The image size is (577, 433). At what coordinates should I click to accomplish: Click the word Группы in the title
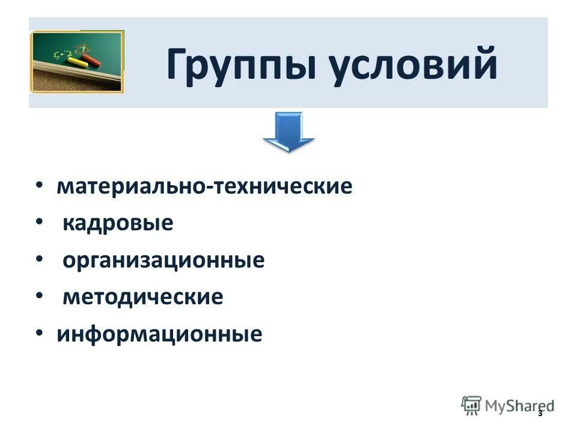click(240, 66)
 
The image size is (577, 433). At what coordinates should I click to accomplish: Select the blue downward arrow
click(288, 132)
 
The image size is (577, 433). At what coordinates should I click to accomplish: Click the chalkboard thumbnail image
click(76, 61)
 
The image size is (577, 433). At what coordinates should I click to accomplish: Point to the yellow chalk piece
click(78, 61)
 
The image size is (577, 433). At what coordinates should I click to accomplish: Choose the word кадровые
click(118, 223)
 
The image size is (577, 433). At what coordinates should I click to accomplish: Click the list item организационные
click(163, 260)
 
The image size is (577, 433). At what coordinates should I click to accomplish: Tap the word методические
click(143, 297)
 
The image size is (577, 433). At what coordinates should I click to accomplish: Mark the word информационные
click(159, 334)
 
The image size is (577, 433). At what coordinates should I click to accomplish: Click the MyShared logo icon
click(471, 405)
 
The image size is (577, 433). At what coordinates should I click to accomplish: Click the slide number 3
click(540, 413)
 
